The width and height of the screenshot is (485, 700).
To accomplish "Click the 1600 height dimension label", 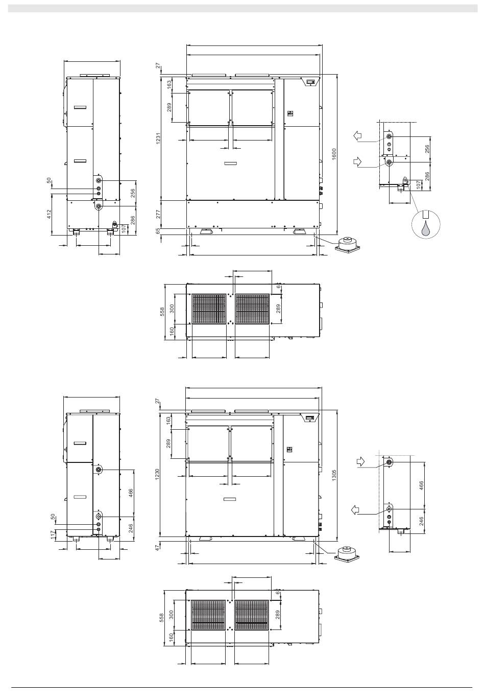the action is pyautogui.click(x=334, y=154).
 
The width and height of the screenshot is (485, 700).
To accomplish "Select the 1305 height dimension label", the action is pyautogui.click(x=334, y=475).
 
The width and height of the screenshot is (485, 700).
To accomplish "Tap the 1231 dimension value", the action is pyautogui.click(x=158, y=139).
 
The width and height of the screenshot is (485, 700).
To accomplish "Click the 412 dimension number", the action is pyautogui.click(x=49, y=214).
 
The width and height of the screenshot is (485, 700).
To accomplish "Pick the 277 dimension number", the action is pyautogui.click(x=158, y=214).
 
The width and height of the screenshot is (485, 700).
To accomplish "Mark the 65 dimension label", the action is pyautogui.click(x=158, y=231).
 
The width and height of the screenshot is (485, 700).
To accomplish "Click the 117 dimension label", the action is pyautogui.click(x=53, y=534).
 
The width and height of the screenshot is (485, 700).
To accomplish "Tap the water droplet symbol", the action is pyautogui.click(x=426, y=228).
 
